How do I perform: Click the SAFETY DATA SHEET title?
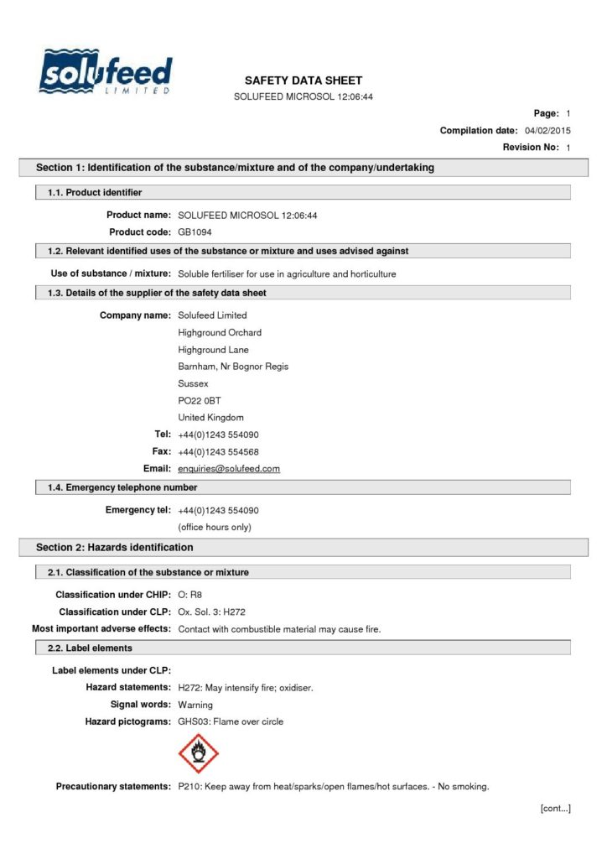[x=303, y=81]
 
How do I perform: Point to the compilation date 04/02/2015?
[x=547, y=131]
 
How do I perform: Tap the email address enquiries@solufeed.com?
[x=229, y=468]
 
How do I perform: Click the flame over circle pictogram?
[x=199, y=753]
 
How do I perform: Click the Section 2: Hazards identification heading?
[x=115, y=548]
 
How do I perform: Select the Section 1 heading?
[x=235, y=168]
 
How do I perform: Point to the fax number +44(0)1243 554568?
[x=218, y=451]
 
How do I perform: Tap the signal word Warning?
[x=195, y=705]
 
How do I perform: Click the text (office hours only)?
[x=215, y=527]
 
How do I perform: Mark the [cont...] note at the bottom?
[x=553, y=808]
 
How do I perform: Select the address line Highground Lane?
[x=213, y=350]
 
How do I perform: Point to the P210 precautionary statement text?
[x=334, y=787]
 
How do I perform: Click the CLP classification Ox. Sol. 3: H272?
[x=211, y=612]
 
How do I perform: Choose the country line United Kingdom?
[x=210, y=417]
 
